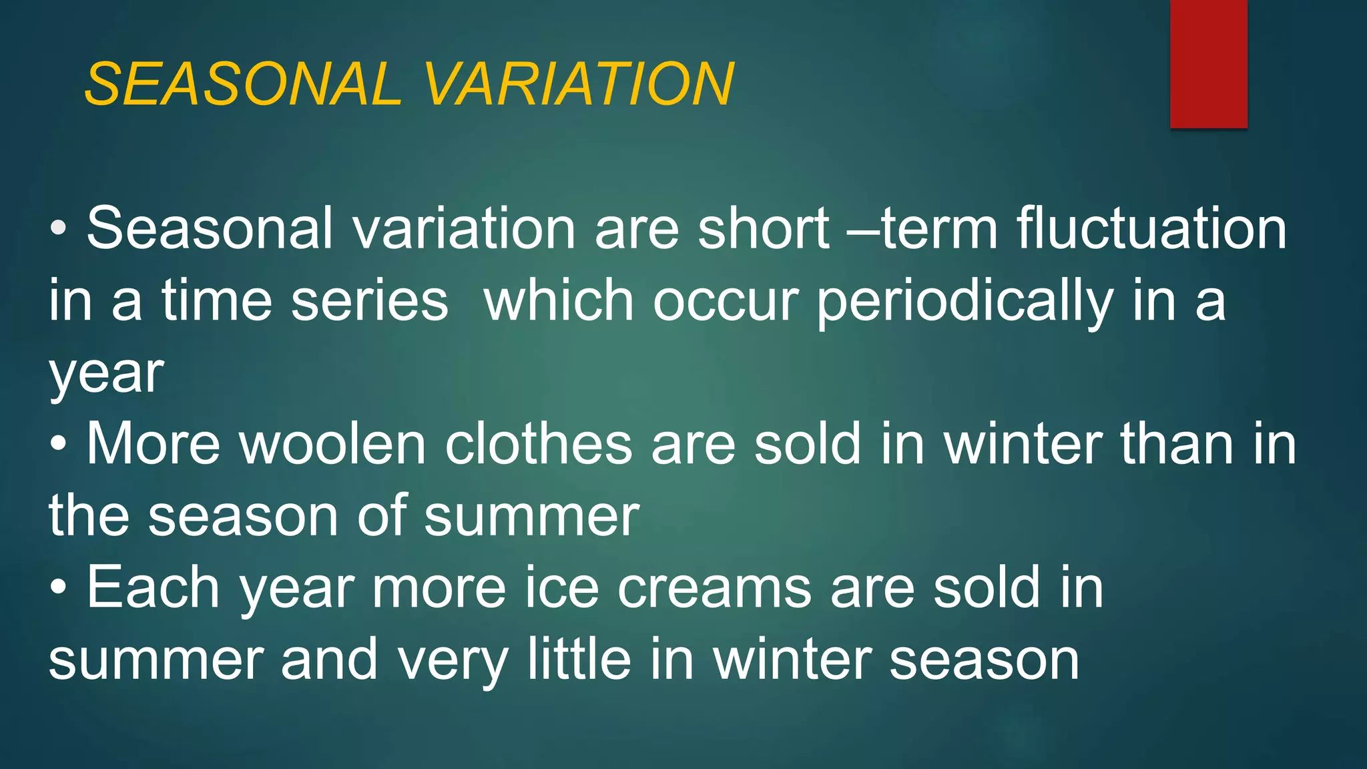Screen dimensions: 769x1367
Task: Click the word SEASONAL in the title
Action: tap(243, 84)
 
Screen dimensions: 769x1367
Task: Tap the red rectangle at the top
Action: tap(1208, 64)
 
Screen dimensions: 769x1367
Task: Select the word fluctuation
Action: tap(1152, 228)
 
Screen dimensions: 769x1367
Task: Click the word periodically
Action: tap(965, 302)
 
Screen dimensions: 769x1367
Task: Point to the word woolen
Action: tap(332, 445)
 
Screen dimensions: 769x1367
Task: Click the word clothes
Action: tap(538, 445)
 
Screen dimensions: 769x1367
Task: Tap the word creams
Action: tap(714, 589)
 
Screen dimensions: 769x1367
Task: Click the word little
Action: tap(579, 660)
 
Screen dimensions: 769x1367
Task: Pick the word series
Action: tap(370, 300)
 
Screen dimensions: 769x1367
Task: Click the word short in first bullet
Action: tap(763, 228)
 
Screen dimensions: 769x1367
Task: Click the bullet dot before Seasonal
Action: tap(59, 229)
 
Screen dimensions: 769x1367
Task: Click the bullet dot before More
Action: tap(59, 445)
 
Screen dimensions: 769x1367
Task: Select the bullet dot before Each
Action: tap(59, 588)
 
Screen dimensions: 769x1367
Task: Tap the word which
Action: tap(558, 300)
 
